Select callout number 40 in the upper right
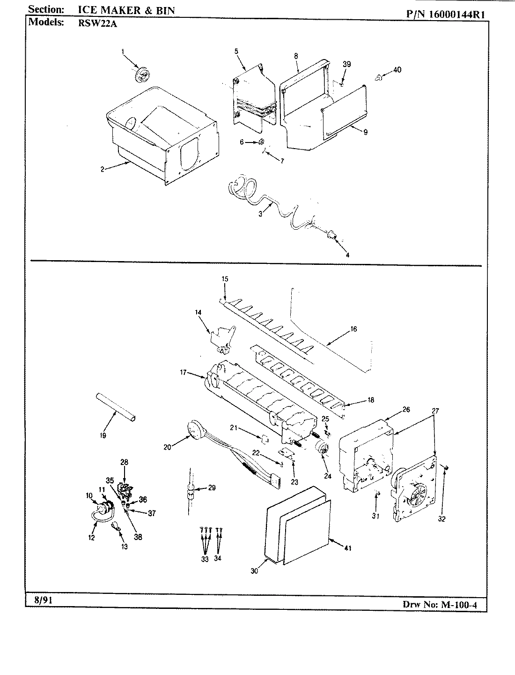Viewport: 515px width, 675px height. pyautogui.click(x=397, y=70)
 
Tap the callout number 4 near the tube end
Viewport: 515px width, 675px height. pyautogui.click(x=347, y=255)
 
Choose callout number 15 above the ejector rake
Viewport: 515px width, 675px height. pyautogui.click(x=225, y=279)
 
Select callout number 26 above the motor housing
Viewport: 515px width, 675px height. pyautogui.click(x=406, y=409)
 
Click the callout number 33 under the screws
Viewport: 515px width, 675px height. pyautogui.click(x=205, y=559)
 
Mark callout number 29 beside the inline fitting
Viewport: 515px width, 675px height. pyautogui.click(x=212, y=488)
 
